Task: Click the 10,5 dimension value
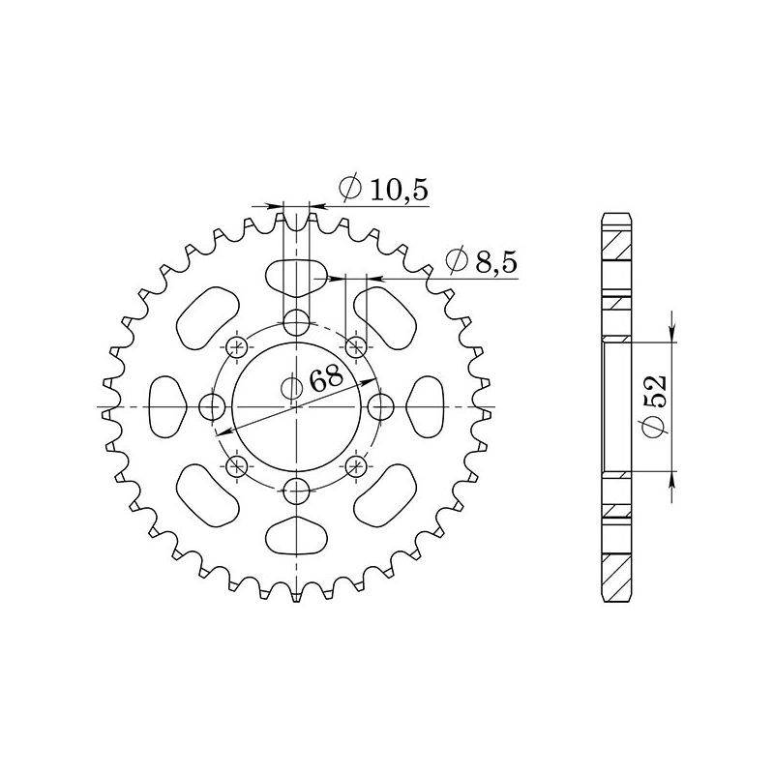pyautogui.click(x=399, y=190)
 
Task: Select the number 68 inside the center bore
pyautogui.click(x=326, y=377)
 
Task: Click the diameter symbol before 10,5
pyautogui.click(x=351, y=190)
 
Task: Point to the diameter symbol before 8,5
pyautogui.click(x=455, y=260)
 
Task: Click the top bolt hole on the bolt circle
pyautogui.click(x=297, y=322)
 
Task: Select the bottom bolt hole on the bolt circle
pyautogui.click(x=297, y=491)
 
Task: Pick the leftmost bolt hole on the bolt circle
pyautogui.click(x=212, y=407)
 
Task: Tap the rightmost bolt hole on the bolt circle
pyautogui.click(x=381, y=407)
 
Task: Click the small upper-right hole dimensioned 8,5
pyautogui.click(x=356, y=346)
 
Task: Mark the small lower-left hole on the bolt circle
pyautogui.click(x=237, y=467)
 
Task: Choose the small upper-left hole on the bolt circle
pyautogui.click(x=237, y=346)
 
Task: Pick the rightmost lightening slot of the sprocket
pyautogui.click(x=426, y=407)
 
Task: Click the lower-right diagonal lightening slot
pyautogui.click(x=384, y=492)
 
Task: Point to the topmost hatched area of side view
pyautogui.click(x=616, y=242)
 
